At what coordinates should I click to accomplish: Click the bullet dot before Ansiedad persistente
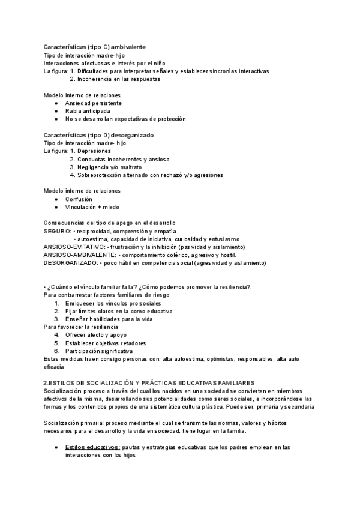click(x=55, y=103)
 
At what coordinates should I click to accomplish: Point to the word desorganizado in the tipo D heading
click(x=132, y=135)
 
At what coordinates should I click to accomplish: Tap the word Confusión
click(x=79, y=199)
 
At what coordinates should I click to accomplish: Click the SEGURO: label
click(x=58, y=231)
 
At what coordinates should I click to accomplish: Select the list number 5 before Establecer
click(x=56, y=343)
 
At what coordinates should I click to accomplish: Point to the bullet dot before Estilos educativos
click(x=55, y=447)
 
